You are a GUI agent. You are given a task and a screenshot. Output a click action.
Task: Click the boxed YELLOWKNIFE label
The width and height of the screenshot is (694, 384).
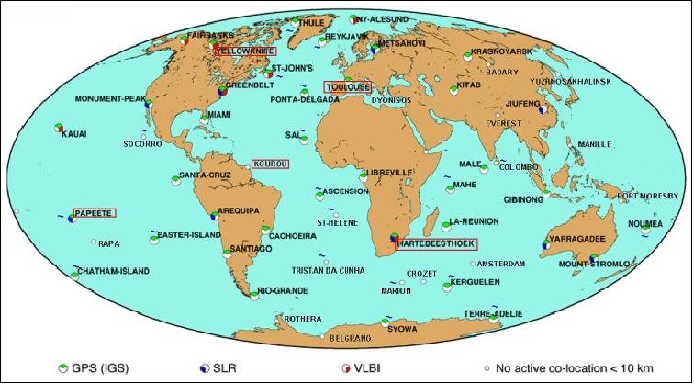(x=245, y=52)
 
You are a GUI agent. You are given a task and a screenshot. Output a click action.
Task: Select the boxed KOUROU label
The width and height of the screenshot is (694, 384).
(x=271, y=164)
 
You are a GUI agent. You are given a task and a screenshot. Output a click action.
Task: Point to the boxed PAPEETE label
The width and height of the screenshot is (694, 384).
(x=95, y=213)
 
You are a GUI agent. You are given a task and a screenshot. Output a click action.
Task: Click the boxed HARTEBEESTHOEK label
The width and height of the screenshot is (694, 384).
(x=437, y=244)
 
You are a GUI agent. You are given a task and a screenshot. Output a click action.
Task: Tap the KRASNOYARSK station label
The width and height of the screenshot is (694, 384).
(x=502, y=51)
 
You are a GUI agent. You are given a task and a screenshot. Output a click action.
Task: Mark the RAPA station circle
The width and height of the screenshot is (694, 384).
(x=93, y=243)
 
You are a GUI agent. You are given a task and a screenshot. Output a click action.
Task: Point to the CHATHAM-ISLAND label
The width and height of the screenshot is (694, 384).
(x=111, y=272)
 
